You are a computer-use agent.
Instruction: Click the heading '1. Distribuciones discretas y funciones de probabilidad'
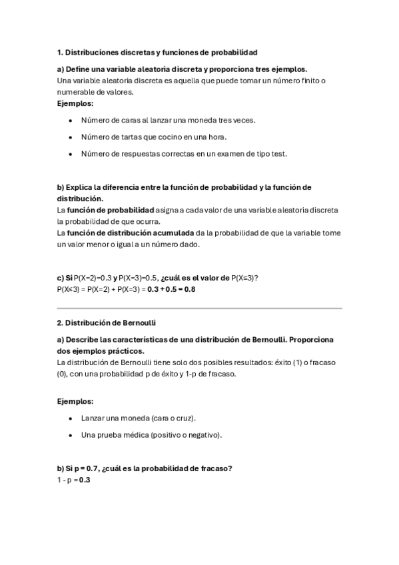tap(157, 51)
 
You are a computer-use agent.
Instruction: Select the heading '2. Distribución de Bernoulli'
tap(107, 323)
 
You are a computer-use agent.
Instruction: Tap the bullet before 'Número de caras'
tap(71, 121)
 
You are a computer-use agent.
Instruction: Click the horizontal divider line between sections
tap(199, 308)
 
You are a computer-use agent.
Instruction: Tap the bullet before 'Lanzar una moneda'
tap(71, 418)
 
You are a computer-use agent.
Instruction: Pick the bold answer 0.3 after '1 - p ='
tap(85, 480)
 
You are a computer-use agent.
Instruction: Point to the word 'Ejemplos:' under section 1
tap(75, 103)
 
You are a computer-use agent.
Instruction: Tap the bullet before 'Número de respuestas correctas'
tap(71, 154)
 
